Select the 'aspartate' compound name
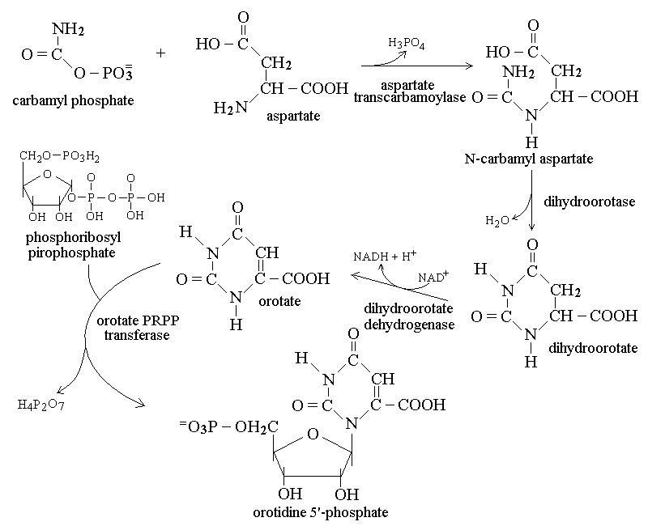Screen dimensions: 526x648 pyautogui.click(x=293, y=117)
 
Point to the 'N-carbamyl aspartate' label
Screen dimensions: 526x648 pyautogui.click(x=529, y=159)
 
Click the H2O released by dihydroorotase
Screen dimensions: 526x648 pyautogui.click(x=497, y=220)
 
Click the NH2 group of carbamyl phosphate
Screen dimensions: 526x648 pyautogui.click(x=69, y=30)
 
